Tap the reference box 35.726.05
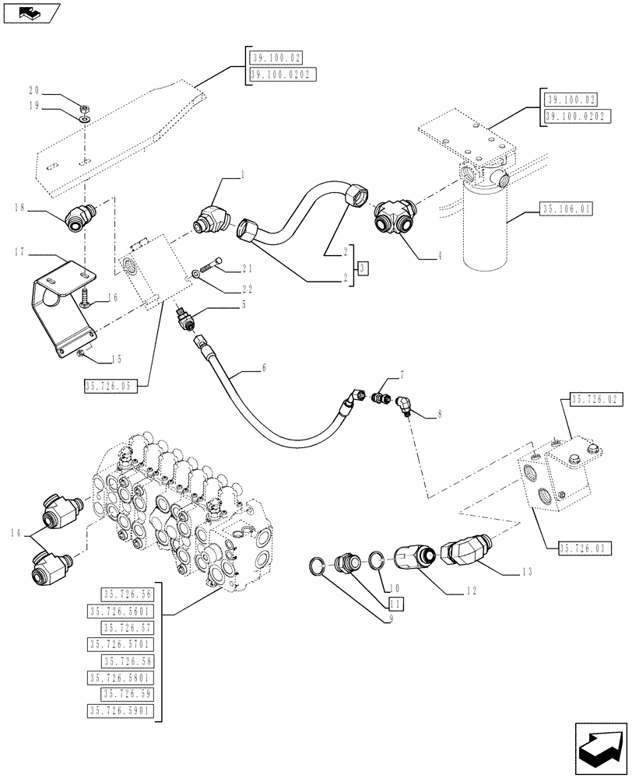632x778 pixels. [113, 384]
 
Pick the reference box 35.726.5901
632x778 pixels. [122, 710]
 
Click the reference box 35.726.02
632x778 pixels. [598, 400]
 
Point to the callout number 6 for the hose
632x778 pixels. [263, 368]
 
